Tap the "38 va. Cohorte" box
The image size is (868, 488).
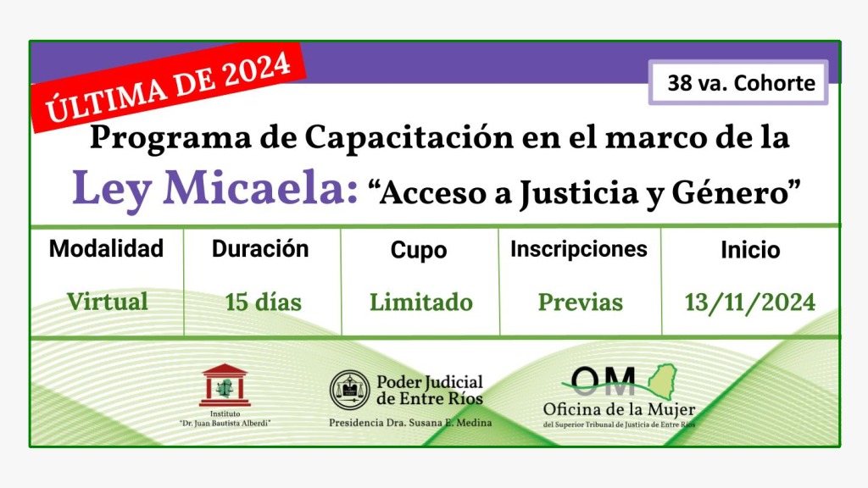pos(738,82)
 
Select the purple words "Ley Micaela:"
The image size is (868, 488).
pos(215,189)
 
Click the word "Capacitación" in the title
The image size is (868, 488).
pos(409,136)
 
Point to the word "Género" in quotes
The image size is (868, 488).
pos(730,193)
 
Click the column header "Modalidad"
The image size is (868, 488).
pos(106,248)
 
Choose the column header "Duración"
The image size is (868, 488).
pos(260,249)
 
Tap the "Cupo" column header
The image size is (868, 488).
pos(419,250)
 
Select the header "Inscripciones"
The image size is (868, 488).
pos(578,249)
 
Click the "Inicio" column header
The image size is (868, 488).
pos(750,250)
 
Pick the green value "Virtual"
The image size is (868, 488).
pos(108,302)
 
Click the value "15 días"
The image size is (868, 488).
pos(263,302)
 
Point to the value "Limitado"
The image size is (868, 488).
pos(420,302)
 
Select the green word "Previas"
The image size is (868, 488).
pos(580,302)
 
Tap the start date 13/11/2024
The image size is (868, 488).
pos(750,302)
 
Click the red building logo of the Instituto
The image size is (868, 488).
pos(225,385)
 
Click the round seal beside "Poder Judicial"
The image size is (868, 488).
pos(350,390)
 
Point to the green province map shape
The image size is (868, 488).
pos(662,380)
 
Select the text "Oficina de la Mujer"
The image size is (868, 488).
pos(619,410)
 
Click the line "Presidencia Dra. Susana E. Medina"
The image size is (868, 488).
pos(410,423)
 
